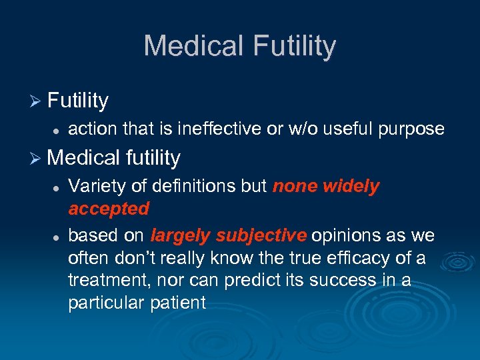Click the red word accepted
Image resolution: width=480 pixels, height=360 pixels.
tap(109, 209)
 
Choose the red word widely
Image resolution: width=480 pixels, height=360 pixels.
tap(351, 186)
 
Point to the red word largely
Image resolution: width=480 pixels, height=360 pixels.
tap(179, 235)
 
